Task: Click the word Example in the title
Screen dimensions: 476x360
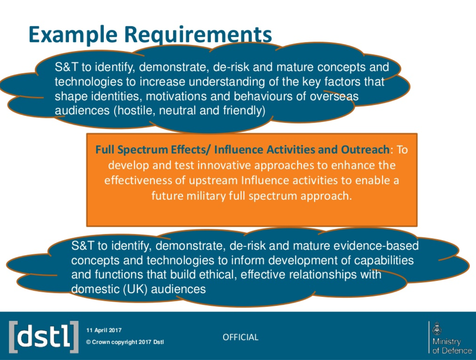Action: pos(73,35)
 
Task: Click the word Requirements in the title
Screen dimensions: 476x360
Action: pos(198,35)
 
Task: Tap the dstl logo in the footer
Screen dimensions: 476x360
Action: pos(44,337)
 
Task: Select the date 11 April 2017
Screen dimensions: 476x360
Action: pos(104,330)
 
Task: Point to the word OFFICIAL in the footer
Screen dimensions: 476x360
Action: pos(241,337)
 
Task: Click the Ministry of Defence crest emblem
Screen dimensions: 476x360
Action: pos(437,329)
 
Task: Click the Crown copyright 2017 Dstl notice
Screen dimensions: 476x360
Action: pos(125,342)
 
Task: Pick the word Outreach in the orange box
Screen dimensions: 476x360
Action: pos(365,149)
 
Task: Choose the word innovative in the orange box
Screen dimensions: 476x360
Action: pos(224,165)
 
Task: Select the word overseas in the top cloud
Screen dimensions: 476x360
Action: pos(334,96)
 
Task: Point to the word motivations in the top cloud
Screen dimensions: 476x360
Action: pos(176,96)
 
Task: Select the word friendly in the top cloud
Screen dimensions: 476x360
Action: pos(244,111)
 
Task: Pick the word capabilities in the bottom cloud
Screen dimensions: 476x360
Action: pos(384,260)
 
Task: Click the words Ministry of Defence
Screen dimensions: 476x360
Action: pos(452,346)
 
